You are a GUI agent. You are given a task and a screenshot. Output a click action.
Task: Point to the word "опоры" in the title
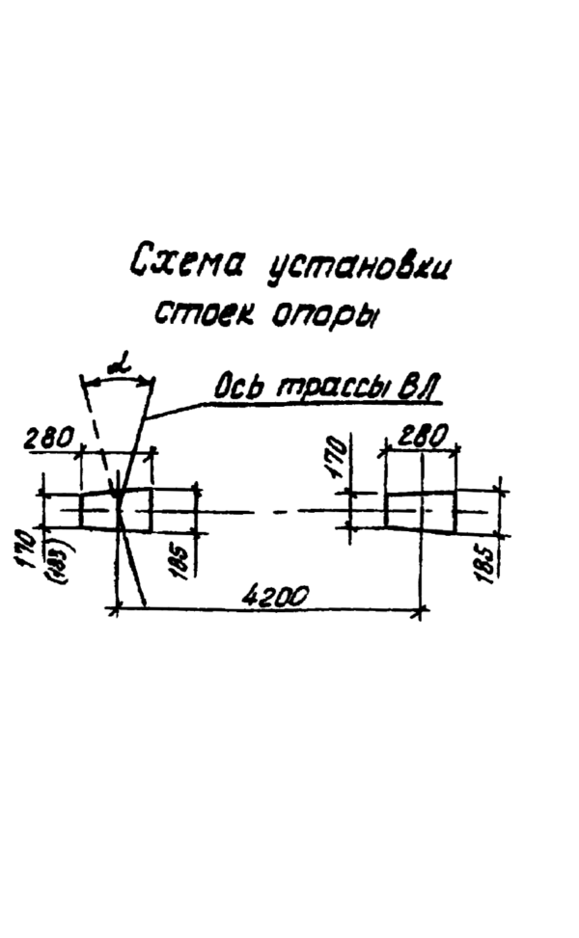[x=325, y=319]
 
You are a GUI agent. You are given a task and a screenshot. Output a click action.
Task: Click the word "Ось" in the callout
[x=235, y=389]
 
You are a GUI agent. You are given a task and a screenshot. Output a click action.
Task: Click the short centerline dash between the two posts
[x=279, y=509]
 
